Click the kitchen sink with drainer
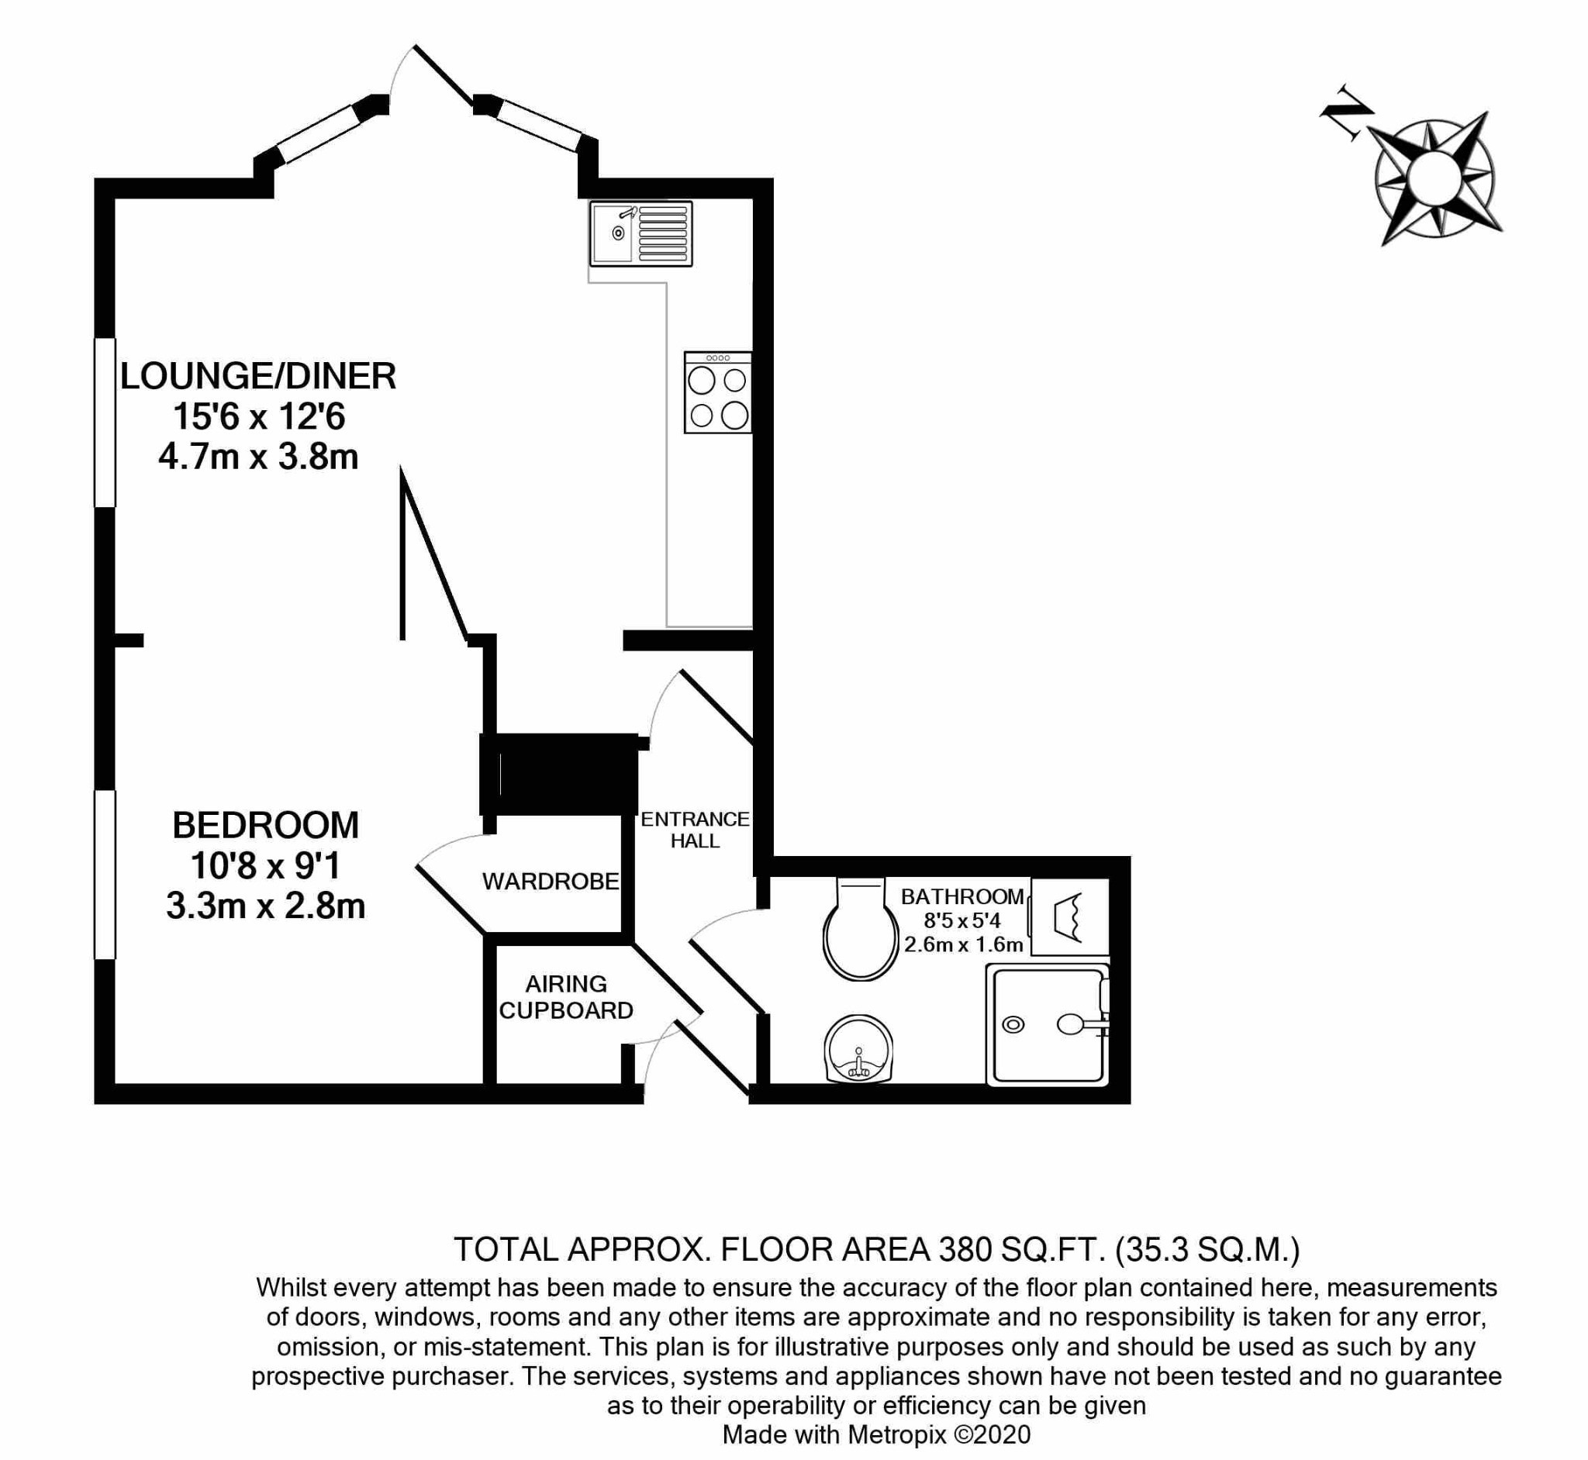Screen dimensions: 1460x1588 click(640, 233)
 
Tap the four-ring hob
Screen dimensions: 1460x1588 click(717, 392)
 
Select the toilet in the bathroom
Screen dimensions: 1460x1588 click(861, 930)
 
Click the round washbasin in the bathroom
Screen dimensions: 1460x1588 click(859, 1050)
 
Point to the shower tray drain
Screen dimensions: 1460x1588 click(1013, 1025)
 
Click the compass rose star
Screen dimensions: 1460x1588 click(1434, 178)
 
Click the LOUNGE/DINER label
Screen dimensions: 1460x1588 click(257, 376)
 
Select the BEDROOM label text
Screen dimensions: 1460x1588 click(265, 826)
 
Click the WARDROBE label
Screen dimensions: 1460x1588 click(551, 882)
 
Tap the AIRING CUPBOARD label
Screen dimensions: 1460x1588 click(567, 997)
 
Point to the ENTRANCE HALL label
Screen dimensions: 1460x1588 click(695, 830)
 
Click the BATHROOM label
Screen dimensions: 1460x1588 click(962, 896)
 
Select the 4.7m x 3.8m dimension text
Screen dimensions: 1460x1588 click(258, 457)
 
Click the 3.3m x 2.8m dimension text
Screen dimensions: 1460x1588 click(265, 906)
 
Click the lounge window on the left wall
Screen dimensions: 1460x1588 click(105, 422)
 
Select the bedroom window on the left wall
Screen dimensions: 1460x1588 click(105, 875)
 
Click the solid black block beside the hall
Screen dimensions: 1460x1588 click(559, 775)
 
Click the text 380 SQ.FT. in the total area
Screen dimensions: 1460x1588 click(1019, 1250)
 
